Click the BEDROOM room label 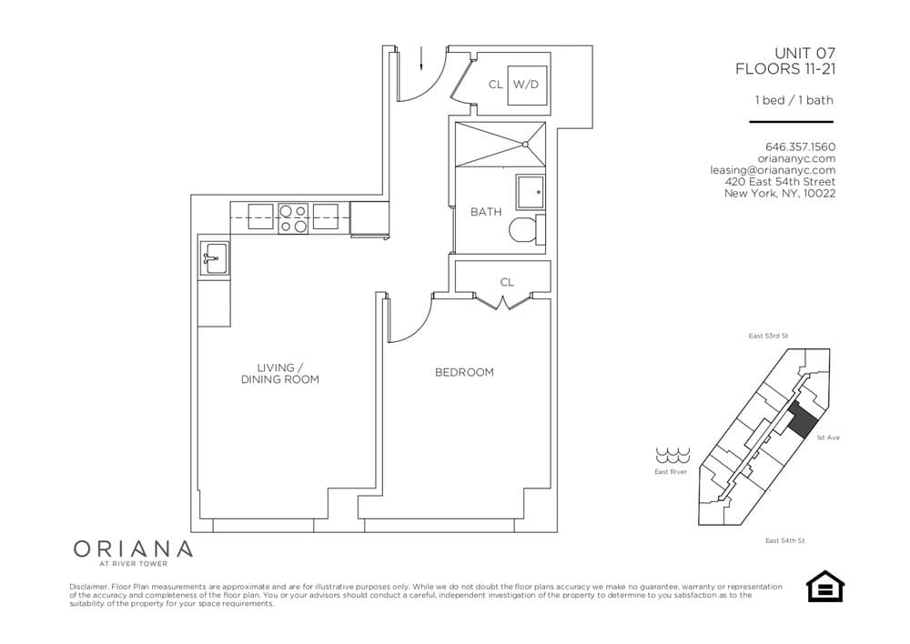[x=464, y=372]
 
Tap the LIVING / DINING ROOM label [x=280, y=373]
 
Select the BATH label [x=486, y=212]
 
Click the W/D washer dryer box [x=526, y=85]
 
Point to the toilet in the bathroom [x=525, y=229]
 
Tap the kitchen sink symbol [x=215, y=257]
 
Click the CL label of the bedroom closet [x=507, y=282]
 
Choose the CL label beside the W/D [x=495, y=85]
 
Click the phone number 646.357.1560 [x=800, y=146]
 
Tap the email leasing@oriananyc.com [x=773, y=170]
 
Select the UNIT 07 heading [x=804, y=54]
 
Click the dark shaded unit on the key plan [x=801, y=421]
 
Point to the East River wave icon [x=671, y=455]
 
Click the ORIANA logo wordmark [x=133, y=549]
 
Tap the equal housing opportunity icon [x=825, y=587]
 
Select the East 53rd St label [x=768, y=337]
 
